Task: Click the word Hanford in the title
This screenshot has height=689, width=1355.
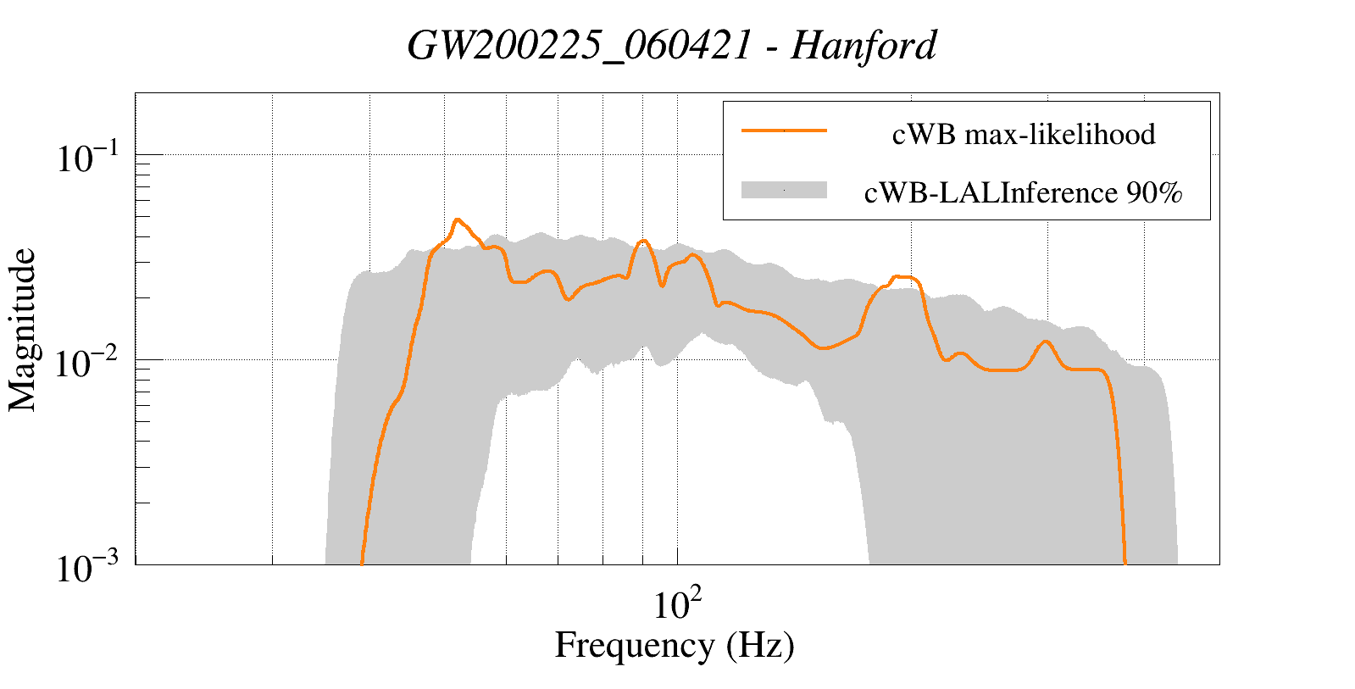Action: point(864,46)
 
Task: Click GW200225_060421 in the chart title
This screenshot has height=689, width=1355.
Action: point(579,46)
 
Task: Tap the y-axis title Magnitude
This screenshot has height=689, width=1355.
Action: point(23,330)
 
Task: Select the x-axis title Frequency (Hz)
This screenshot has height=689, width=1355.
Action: point(675,646)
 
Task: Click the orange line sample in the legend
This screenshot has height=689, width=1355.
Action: point(784,131)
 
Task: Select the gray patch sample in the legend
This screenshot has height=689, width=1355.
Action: point(784,190)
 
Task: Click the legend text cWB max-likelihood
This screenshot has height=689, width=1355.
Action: point(1024,135)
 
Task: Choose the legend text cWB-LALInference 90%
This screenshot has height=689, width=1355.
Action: point(1023,193)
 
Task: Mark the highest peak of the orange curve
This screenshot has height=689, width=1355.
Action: point(458,219)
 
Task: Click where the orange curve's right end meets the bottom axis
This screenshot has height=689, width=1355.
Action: point(1125,562)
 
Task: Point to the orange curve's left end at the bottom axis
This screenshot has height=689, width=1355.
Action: point(362,562)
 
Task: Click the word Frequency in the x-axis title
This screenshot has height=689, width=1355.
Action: point(635,646)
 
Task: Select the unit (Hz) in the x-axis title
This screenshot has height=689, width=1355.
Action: point(760,646)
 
